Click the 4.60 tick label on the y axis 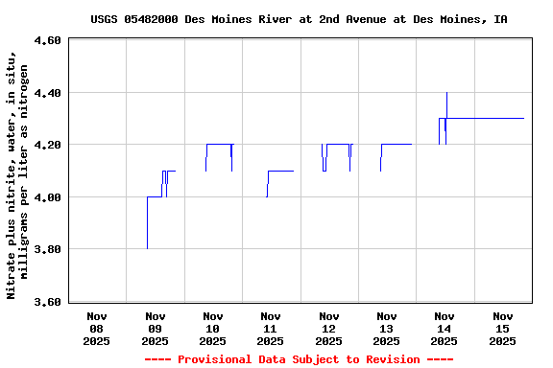(x=46, y=41)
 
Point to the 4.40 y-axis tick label (x=46, y=93)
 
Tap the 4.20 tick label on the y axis (x=46, y=145)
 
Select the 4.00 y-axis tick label (x=46, y=197)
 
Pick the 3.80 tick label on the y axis (x=46, y=249)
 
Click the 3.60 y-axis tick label (x=46, y=302)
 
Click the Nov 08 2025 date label (x=97, y=328)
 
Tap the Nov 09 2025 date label (x=155, y=328)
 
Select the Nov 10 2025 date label (x=213, y=328)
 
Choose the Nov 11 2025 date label (x=271, y=328)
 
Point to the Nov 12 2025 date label (x=328, y=328)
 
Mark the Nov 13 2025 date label (x=386, y=328)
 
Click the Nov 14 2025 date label (x=444, y=328)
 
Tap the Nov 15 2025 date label (x=502, y=328)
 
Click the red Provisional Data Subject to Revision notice (x=299, y=359)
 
